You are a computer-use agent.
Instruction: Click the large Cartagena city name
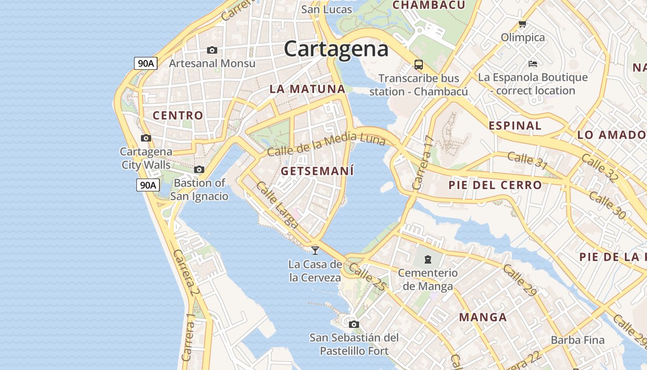336,49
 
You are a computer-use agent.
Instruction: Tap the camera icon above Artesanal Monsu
212,50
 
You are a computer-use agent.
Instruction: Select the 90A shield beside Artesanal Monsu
146,63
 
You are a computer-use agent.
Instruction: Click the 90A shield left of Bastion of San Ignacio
148,185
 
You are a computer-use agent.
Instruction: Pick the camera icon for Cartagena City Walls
146,138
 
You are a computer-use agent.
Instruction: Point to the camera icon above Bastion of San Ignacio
199,170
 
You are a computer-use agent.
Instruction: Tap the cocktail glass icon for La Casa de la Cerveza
315,250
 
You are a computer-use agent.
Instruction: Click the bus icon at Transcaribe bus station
419,64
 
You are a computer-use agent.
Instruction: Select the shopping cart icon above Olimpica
523,24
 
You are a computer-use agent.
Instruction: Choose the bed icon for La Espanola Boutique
532,63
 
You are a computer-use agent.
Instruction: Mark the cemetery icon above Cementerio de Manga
428,259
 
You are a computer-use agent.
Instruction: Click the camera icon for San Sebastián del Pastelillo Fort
354,324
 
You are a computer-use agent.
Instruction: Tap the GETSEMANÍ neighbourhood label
317,171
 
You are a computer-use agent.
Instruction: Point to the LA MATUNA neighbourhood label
307,89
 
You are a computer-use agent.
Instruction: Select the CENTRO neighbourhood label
178,116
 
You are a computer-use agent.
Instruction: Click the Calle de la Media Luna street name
326,144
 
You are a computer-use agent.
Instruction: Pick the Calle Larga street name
277,204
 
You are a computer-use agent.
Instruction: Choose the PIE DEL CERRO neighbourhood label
495,185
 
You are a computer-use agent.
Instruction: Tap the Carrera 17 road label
424,163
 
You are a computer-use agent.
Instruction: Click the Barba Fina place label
577,340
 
